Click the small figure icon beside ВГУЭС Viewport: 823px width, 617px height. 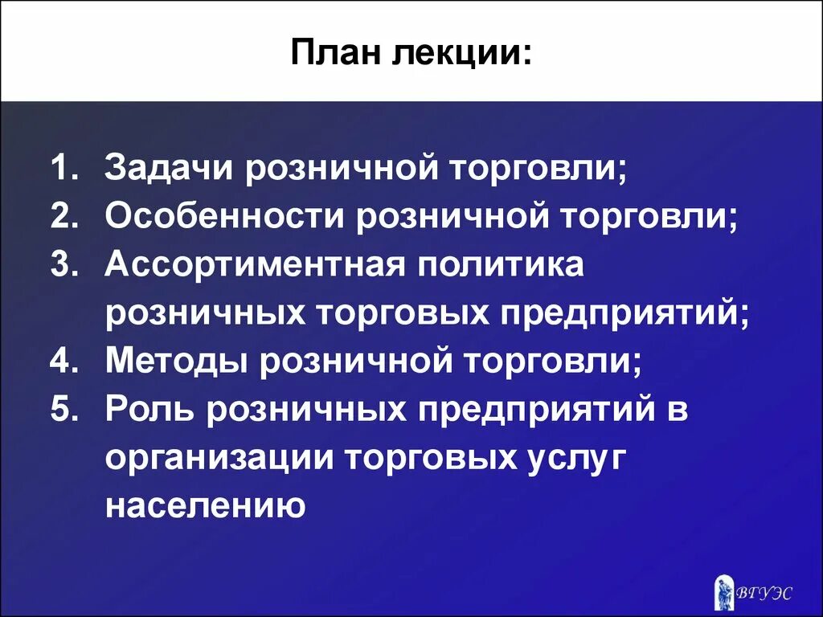pyautogui.click(x=724, y=590)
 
